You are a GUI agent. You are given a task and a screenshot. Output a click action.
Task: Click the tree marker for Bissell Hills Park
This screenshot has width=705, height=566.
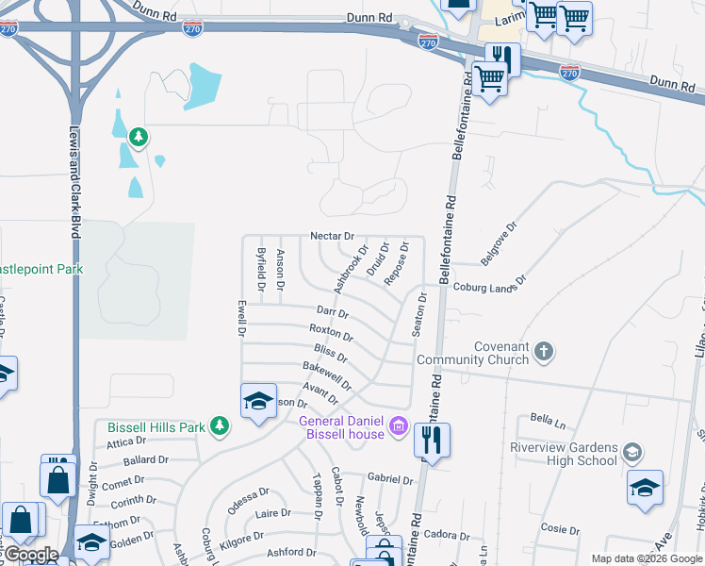219,426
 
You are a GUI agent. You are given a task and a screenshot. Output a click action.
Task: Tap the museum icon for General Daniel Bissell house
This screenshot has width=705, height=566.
398,427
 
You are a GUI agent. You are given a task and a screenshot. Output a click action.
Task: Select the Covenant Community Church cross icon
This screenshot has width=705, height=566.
543,352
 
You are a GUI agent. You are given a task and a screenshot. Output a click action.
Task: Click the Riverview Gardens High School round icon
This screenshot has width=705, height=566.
631,453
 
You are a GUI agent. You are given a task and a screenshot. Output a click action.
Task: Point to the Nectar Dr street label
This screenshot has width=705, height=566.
332,236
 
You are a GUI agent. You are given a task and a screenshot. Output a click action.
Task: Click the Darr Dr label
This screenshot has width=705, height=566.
333,310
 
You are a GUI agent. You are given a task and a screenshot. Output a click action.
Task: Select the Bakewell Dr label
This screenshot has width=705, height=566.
327,376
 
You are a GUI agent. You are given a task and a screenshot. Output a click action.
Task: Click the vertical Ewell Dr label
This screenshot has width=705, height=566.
241,319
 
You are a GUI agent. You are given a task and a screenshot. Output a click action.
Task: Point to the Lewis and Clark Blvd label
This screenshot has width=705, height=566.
74,184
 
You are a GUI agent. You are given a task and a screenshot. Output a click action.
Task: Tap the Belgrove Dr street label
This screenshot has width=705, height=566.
500,242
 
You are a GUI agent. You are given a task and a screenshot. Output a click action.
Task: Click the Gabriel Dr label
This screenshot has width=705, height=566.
390,479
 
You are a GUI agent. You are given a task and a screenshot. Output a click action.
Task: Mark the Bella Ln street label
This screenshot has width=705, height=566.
546,418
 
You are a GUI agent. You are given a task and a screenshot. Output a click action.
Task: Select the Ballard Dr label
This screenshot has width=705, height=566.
145,461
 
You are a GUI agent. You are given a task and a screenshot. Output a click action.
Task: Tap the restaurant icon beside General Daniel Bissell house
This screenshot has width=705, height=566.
432,440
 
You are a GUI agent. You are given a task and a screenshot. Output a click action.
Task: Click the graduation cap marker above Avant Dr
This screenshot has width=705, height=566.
258,401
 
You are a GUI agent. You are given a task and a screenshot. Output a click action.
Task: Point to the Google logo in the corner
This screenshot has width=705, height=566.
30,555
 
